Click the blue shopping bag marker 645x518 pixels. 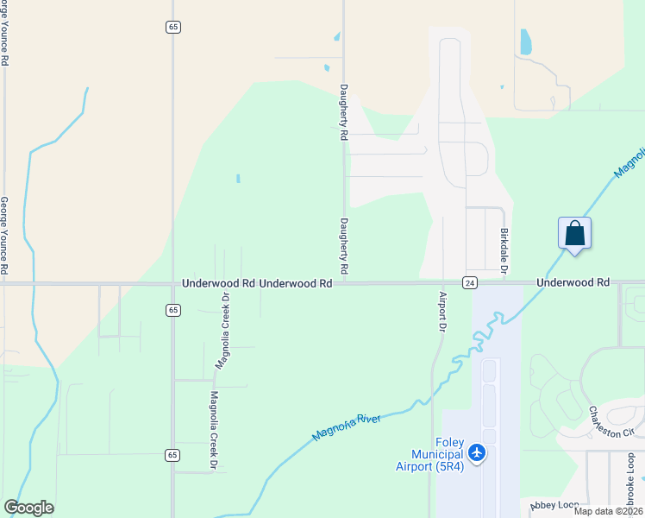tap(575, 234)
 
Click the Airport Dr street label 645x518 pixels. tap(441, 313)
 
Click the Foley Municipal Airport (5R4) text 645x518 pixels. tap(437, 454)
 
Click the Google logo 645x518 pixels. tap(29, 508)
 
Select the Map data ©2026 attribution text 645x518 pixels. tap(608, 511)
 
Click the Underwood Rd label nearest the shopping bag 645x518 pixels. tap(573, 282)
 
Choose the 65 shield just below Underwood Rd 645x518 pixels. tap(173, 309)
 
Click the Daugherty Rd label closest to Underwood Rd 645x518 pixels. tap(343, 246)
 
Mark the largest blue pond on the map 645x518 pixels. tap(525, 41)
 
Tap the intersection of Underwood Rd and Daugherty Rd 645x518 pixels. tap(344, 282)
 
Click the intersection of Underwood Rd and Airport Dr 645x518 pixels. tap(442, 282)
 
